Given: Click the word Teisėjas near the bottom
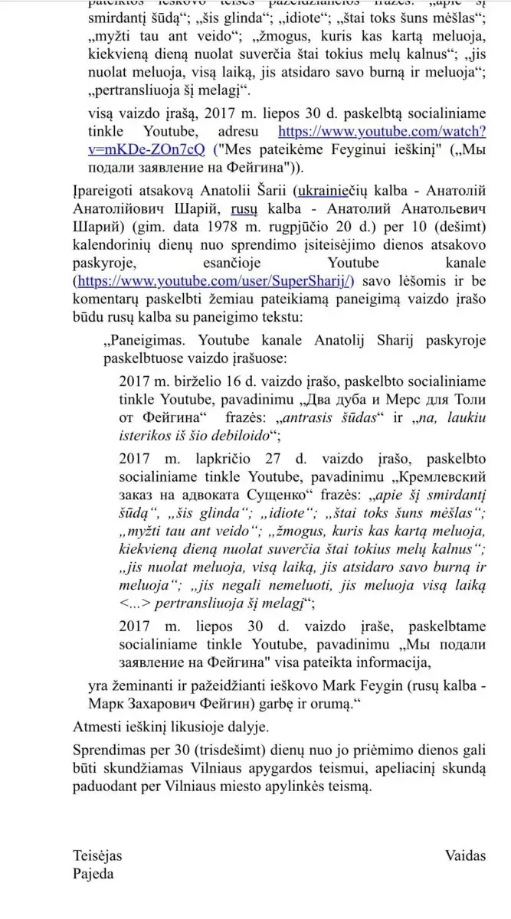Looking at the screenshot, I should [x=97, y=856].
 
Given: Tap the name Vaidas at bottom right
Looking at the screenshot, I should [x=465, y=856].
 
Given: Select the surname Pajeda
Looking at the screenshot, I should [x=93, y=874].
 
